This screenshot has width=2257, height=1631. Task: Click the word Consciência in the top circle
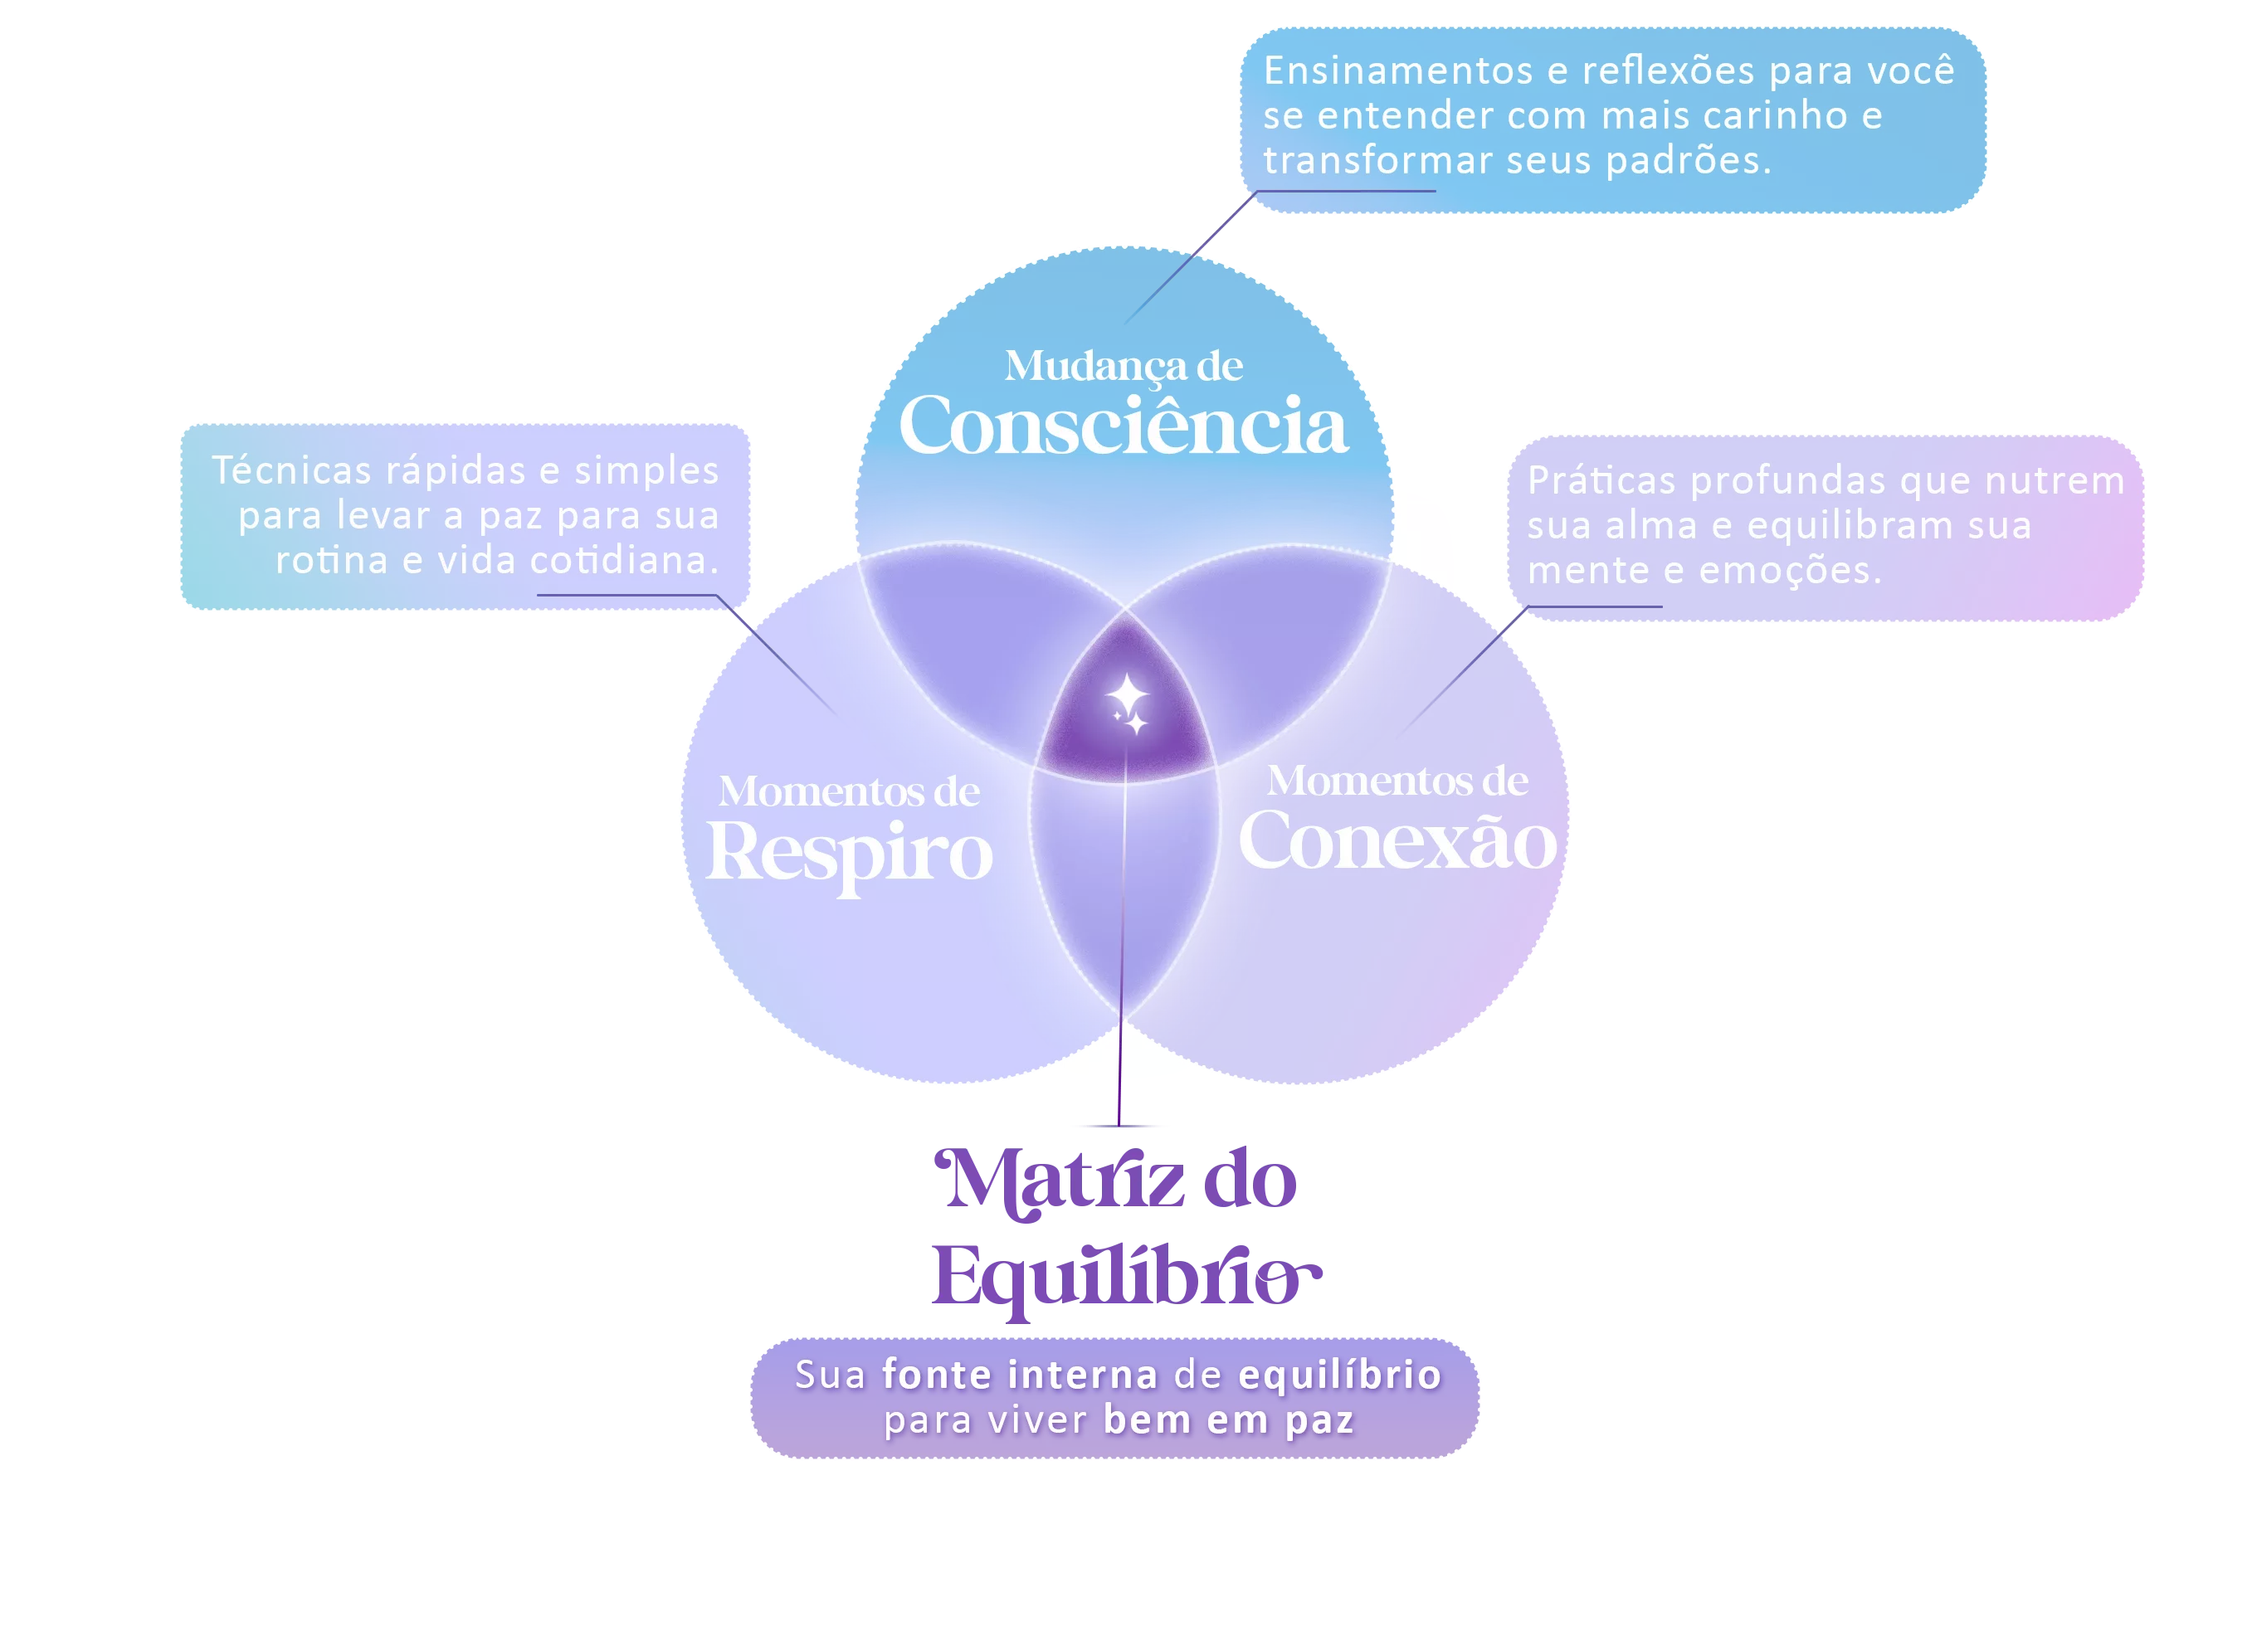[x=1123, y=426]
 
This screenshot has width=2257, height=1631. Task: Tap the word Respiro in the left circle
[x=849, y=854]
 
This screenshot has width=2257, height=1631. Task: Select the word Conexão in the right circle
[x=1397, y=841]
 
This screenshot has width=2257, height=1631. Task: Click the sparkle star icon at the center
[x=1128, y=703]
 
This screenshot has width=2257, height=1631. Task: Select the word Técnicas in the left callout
[x=290, y=470]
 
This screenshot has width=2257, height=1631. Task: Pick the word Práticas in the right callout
[x=1601, y=480]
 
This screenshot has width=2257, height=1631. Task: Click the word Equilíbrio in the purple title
[x=1124, y=1278]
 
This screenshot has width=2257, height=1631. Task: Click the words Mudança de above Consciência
[x=1123, y=366]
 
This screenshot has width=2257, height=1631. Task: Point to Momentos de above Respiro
[x=849, y=792]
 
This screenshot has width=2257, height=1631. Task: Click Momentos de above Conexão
[x=1397, y=781]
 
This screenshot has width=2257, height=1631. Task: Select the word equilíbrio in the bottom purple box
[x=1339, y=1375]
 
